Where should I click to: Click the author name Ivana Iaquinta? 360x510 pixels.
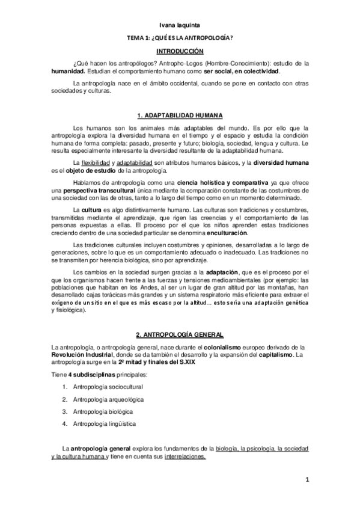click(x=180, y=25)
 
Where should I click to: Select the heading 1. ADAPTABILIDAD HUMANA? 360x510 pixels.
click(x=180, y=115)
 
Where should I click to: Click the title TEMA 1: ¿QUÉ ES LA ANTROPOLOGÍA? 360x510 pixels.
click(x=180, y=38)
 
